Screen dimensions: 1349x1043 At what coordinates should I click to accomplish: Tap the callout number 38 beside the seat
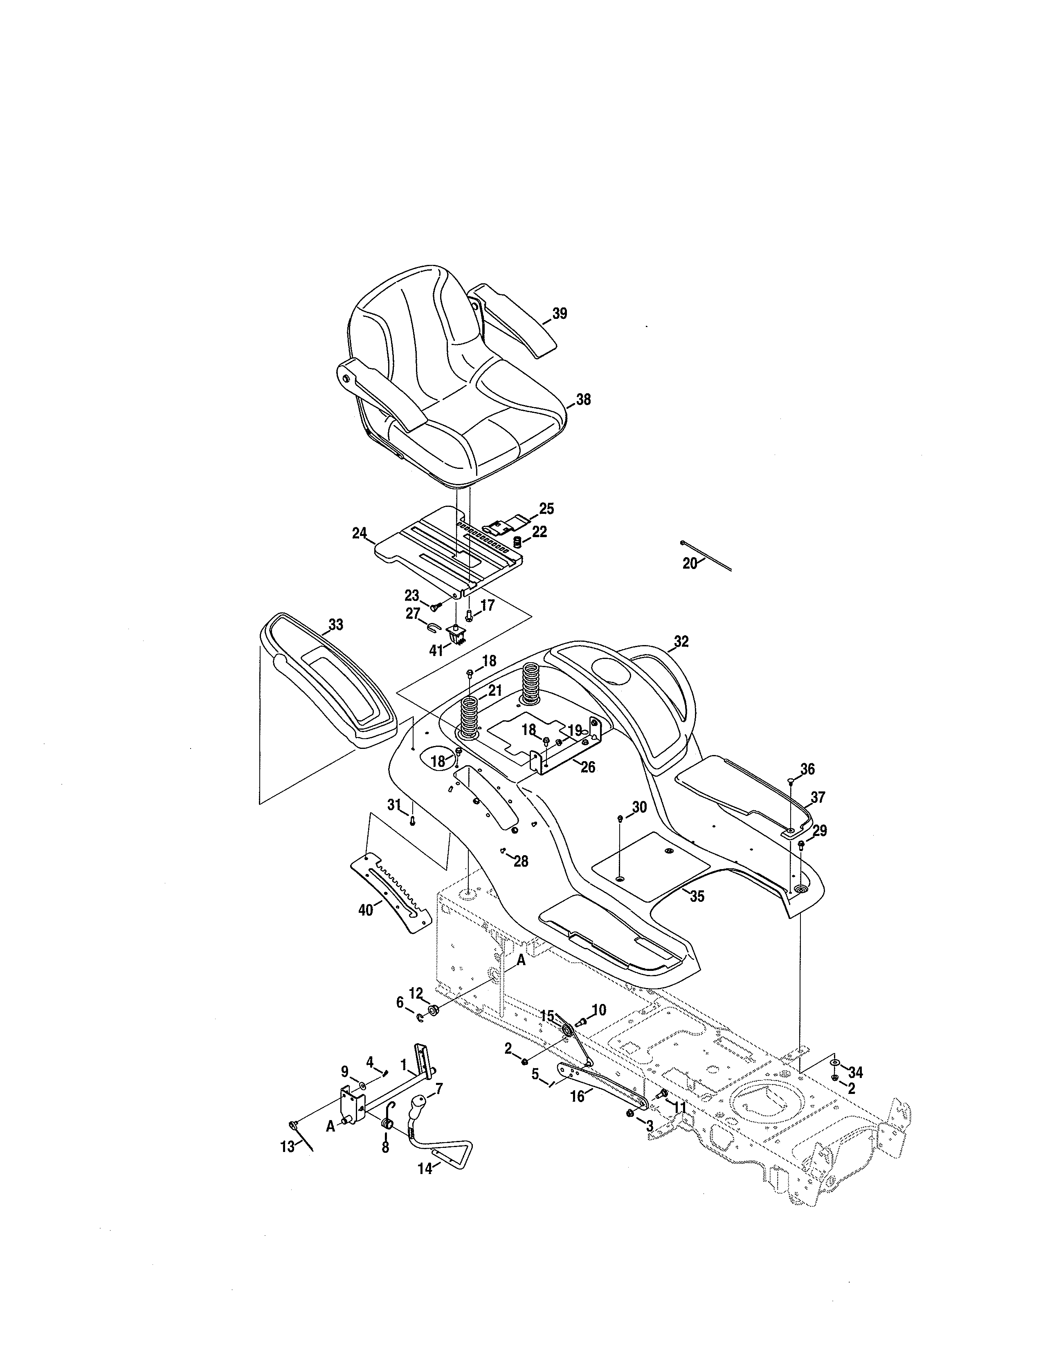click(x=583, y=400)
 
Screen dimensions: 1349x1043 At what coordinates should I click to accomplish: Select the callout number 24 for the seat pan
click(x=360, y=533)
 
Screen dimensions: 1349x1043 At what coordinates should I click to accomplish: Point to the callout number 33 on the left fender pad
click(x=335, y=625)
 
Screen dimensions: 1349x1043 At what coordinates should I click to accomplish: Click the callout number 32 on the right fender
click(x=681, y=642)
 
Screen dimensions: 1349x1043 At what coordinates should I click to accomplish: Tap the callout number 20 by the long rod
click(x=690, y=563)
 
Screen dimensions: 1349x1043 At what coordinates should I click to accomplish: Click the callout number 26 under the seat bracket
click(x=588, y=768)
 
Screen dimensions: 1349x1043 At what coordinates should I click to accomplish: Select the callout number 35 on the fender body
click(x=697, y=896)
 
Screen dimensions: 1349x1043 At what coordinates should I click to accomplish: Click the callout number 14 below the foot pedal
click(x=425, y=1169)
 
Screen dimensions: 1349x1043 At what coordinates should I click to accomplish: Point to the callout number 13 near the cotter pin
click(x=287, y=1147)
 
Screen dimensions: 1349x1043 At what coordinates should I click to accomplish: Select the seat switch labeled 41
click(x=458, y=635)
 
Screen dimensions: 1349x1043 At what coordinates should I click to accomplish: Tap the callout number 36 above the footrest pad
click(x=807, y=769)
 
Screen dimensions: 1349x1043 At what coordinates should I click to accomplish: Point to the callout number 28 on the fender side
click(x=521, y=861)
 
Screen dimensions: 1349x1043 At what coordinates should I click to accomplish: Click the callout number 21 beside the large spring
click(x=495, y=690)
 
